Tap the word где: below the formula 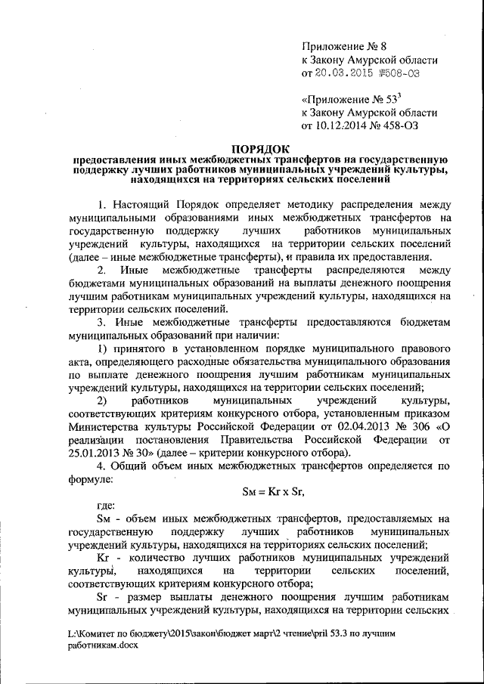(x=106, y=506)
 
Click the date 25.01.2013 (x=96, y=452)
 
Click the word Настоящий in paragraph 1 (x=144, y=205)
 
